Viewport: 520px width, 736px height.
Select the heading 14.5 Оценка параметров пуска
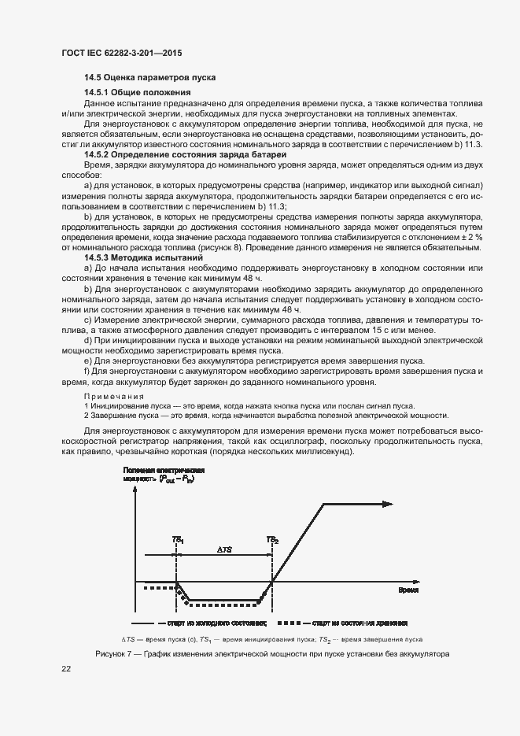pos(149,78)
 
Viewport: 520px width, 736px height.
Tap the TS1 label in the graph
pos(178,539)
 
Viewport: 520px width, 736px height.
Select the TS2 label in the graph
pos(271,539)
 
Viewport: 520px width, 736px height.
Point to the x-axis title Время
pos(408,590)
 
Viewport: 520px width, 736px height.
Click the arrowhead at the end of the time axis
pos(389,583)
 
